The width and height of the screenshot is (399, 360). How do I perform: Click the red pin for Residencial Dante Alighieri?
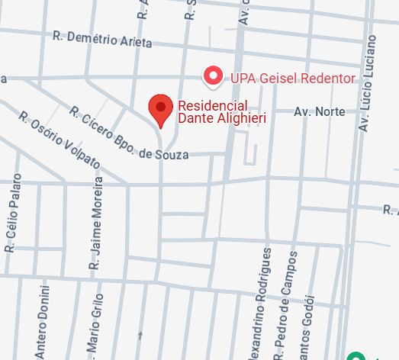pos(160,109)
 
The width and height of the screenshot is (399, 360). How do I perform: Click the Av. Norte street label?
pos(320,112)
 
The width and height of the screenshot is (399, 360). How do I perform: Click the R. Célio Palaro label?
pos(13,214)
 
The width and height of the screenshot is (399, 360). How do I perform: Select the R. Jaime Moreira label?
pos(96,227)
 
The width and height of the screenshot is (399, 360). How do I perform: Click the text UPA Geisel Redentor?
pos(292,79)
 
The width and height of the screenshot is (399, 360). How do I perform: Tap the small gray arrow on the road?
pos(139,335)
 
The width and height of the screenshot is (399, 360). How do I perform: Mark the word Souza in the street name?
pos(172,156)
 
